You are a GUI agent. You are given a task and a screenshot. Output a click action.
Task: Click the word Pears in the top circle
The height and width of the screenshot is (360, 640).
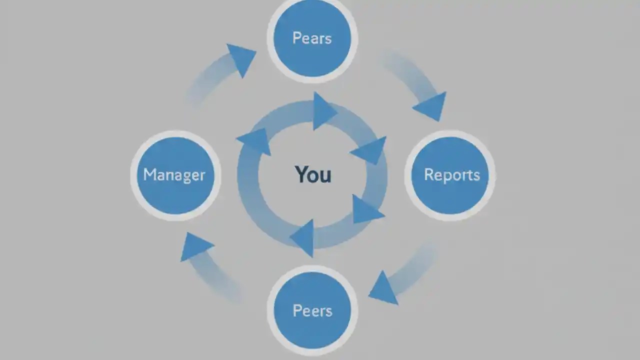click(x=312, y=38)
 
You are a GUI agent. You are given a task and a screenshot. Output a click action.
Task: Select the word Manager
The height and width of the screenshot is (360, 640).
click(x=174, y=175)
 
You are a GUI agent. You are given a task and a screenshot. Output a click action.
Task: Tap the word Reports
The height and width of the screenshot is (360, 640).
click(x=451, y=175)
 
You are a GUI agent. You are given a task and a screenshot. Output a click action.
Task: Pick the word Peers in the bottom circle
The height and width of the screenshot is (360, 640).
click(x=312, y=310)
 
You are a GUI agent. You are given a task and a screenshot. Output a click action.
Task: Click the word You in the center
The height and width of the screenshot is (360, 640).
click(x=313, y=174)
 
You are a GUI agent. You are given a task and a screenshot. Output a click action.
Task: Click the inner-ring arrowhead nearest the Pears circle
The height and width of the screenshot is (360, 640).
click(x=323, y=111)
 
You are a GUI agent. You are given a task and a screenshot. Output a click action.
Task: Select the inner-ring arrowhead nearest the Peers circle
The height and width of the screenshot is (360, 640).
click(x=303, y=237)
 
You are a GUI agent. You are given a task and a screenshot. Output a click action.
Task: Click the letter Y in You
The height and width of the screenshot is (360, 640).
click(x=301, y=174)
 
